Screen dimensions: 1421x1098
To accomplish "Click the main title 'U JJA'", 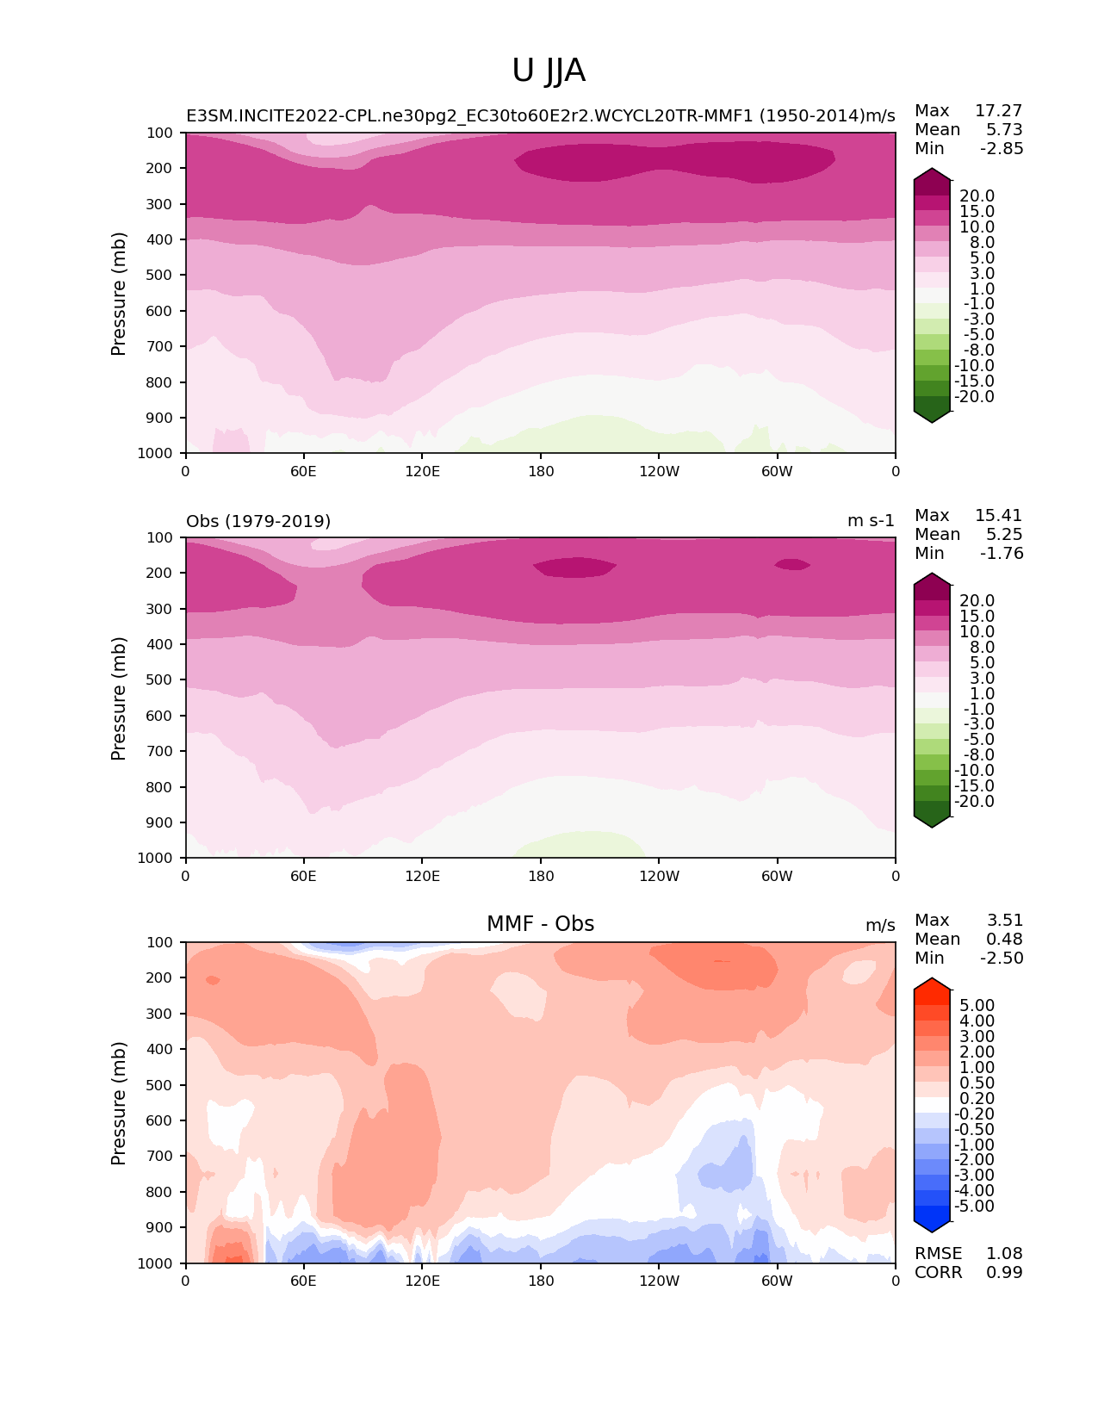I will pyautogui.click(x=549, y=71).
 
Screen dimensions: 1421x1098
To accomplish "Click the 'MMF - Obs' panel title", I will pyautogui.click(x=540, y=924).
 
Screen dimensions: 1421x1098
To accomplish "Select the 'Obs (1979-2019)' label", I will pyautogui.click(x=258, y=521).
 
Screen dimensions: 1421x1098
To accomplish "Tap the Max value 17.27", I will pyautogui.click(x=998, y=111).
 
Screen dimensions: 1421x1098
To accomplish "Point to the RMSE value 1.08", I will pyautogui.click(x=1004, y=1254).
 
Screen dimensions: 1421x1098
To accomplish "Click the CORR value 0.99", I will pyautogui.click(x=1004, y=1273).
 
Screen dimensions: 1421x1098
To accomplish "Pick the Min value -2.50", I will pyautogui.click(x=1002, y=959).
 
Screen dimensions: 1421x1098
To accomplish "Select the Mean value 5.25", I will pyautogui.click(x=1004, y=535).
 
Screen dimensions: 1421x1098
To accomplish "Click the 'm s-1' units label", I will pyautogui.click(x=871, y=521).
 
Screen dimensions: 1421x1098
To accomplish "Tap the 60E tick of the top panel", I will pyautogui.click(x=303, y=471).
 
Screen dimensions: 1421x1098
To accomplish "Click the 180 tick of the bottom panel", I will pyautogui.click(x=541, y=1281).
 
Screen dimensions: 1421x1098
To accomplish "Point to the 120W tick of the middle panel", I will pyautogui.click(x=659, y=876).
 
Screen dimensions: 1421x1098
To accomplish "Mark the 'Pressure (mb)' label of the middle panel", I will pyautogui.click(x=119, y=698).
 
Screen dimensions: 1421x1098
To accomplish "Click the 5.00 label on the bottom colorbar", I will pyautogui.click(x=977, y=1006).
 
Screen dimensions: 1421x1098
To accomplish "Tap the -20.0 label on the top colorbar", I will pyautogui.click(x=974, y=397).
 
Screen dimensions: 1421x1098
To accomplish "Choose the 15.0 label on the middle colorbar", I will pyautogui.click(x=977, y=617).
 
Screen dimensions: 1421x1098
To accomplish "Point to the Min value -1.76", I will pyautogui.click(x=1002, y=554).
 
